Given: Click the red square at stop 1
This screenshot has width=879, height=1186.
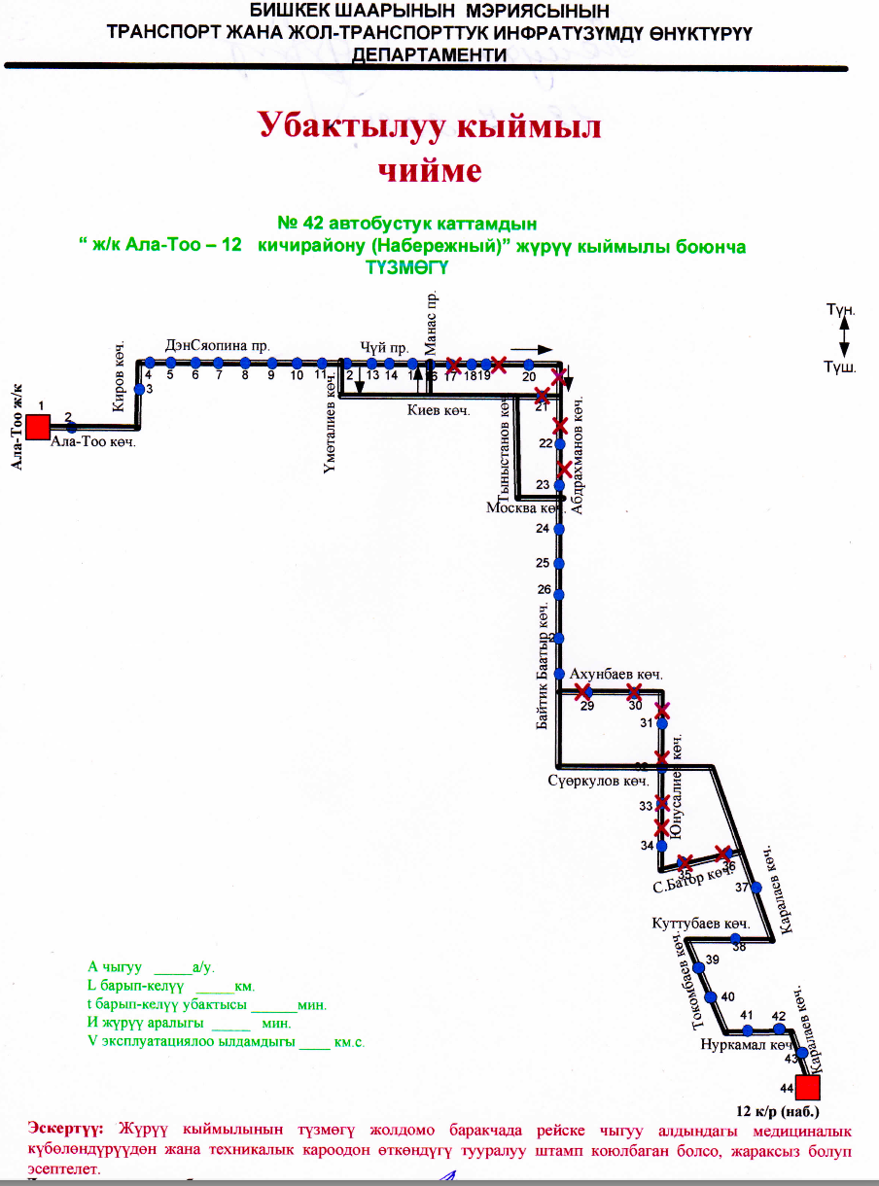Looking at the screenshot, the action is coord(38,427).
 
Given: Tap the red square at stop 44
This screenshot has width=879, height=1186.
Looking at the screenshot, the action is coord(807,1088).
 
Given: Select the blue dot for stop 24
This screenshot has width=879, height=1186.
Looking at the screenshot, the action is coord(559,529).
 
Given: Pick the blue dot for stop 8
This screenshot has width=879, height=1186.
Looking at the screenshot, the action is coord(245,363).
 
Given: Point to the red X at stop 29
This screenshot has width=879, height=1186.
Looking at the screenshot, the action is coord(583,692).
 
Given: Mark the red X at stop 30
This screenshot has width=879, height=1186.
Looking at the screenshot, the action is coord(634,692).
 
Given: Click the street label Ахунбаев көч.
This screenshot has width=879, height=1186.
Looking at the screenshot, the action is coord(615,674).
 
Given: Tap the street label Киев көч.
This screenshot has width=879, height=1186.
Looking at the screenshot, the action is coord(438,411).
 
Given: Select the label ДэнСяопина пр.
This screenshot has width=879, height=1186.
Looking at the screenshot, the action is coord(217,345).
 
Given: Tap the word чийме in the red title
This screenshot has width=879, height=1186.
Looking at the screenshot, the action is coord(429,171).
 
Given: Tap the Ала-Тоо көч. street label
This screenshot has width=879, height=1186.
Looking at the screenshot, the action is coord(93,441).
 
